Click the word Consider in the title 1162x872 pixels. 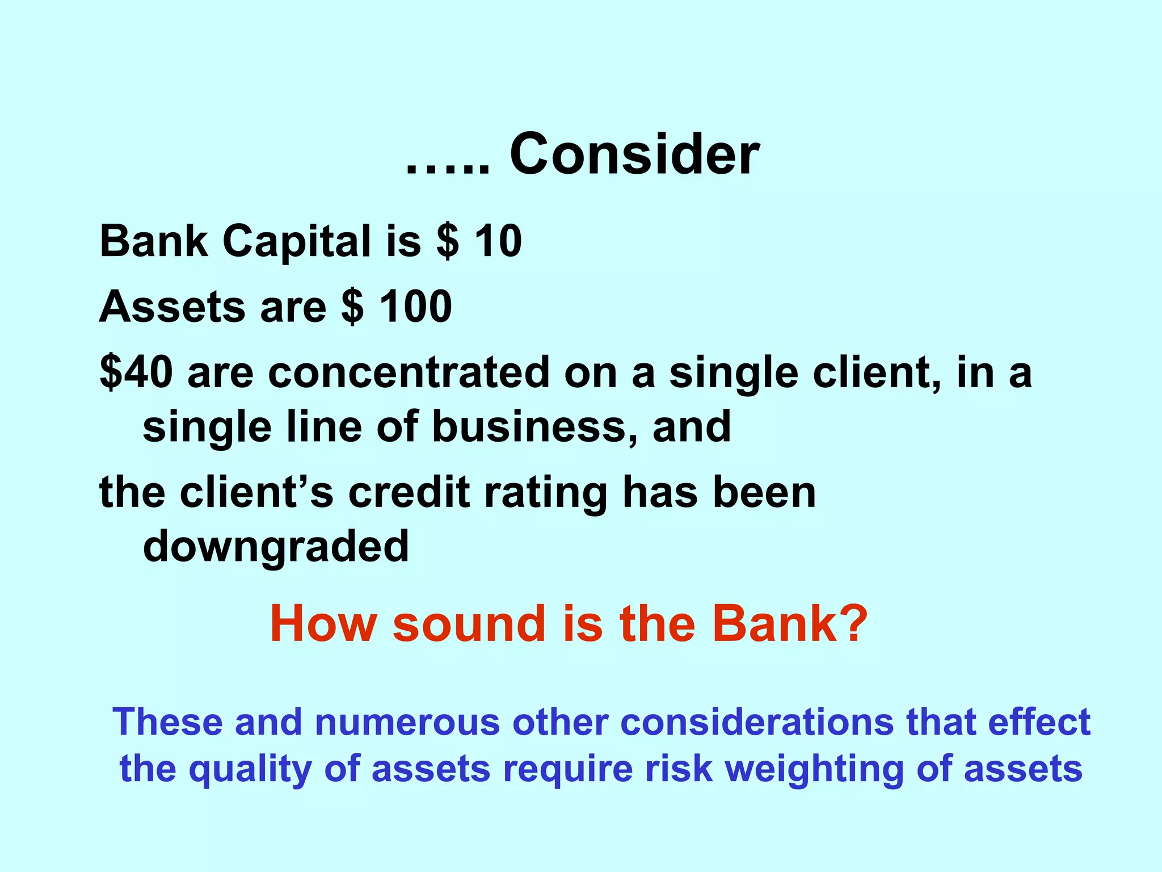click(634, 154)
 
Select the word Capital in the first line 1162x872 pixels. click(297, 241)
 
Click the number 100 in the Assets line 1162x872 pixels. click(415, 307)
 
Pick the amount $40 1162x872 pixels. click(136, 372)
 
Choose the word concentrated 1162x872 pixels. click(409, 372)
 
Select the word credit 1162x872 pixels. click(409, 492)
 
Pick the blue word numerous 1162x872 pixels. click(407, 722)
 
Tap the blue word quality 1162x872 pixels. click(250, 770)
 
